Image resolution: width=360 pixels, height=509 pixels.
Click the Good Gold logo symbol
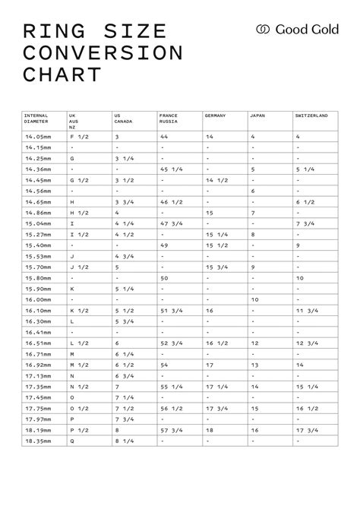[x=264, y=29]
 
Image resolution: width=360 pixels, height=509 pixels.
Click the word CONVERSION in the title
[x=103, y=53]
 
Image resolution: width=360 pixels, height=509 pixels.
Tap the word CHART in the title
[x=62, y=74]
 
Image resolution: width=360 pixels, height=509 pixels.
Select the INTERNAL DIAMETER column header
[x=37, y=119]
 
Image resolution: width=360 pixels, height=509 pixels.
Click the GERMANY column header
[x=216, y=115]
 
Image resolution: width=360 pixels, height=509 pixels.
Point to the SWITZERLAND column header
[x=311, y=115]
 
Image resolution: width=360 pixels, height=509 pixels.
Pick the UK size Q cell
[x=72, y=441]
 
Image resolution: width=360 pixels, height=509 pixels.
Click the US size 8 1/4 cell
[x=124, y=441]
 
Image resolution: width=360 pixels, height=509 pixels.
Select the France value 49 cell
[x=165, y=245]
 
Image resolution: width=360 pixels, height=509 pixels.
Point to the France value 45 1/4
[x=170, y=169]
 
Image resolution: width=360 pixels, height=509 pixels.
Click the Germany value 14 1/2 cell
[x=217, y=180]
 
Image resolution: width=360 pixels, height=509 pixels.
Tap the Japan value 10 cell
[x=255, y=299]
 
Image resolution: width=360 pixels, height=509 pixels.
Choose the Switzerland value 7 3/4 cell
[x=305, y=223]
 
